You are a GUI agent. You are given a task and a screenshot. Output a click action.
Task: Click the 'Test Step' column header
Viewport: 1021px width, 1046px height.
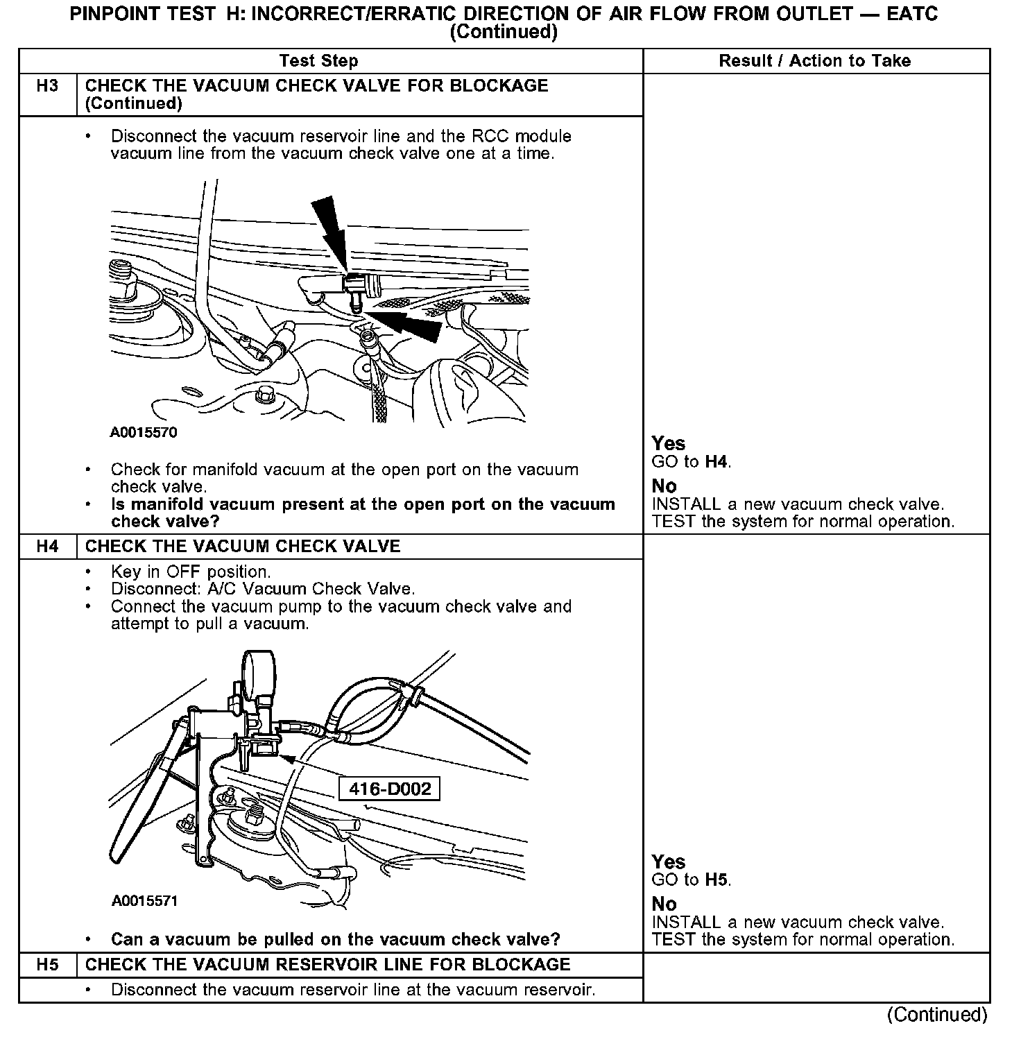[x=318, y=61]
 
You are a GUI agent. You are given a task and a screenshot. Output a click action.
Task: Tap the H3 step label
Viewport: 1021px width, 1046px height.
[x=47, y=86]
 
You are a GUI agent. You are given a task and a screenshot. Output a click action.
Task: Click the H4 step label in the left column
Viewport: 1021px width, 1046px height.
[x=47, y=547]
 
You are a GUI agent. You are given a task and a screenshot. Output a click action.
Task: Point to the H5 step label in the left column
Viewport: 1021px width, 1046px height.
[x=47, y=965]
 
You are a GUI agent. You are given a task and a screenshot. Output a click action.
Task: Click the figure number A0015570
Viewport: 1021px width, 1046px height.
[x=144, y=433]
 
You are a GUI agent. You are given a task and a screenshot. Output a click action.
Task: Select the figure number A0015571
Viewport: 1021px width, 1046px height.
[x=144, y=901]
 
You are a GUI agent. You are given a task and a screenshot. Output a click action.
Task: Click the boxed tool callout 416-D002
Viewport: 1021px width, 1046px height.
[x=389, y=789]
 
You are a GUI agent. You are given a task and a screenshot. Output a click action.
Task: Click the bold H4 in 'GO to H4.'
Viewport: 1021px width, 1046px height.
[x=717, y=462]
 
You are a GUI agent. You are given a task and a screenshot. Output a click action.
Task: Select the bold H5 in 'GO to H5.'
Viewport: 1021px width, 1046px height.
[x=717, y=880]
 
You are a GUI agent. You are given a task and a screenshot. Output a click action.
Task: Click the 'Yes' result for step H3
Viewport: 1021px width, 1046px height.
[x=668, y=444]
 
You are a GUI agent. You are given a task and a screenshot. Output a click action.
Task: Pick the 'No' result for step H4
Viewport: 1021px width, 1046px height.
[x=664, y=904]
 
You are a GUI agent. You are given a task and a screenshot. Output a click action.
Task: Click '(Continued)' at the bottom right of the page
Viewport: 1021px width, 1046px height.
[x=936, y=1015]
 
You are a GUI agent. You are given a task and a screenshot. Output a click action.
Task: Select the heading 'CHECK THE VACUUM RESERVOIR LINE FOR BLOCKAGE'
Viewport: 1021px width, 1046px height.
[x=327, y=965]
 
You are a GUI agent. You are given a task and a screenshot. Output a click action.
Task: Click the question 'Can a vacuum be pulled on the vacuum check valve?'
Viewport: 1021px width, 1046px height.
[x=336, y=940]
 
